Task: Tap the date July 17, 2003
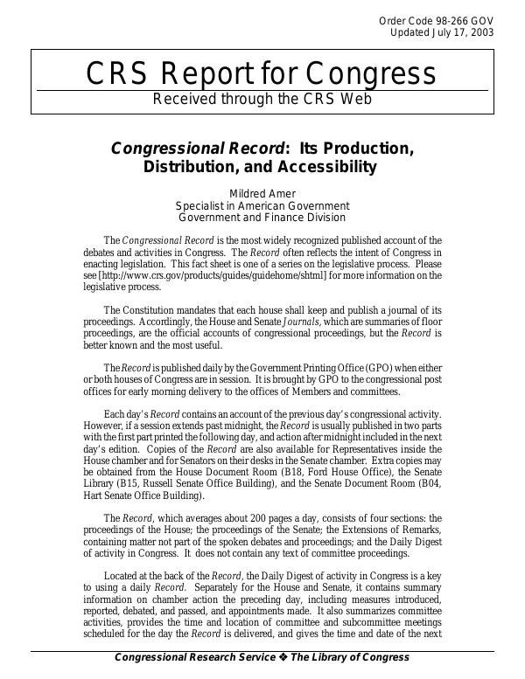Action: (463, 32)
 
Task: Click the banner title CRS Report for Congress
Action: (262, 73)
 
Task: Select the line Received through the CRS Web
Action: (262, 99)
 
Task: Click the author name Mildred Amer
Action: (262, 194)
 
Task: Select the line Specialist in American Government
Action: (262, 205)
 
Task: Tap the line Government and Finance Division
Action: (262, 217)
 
